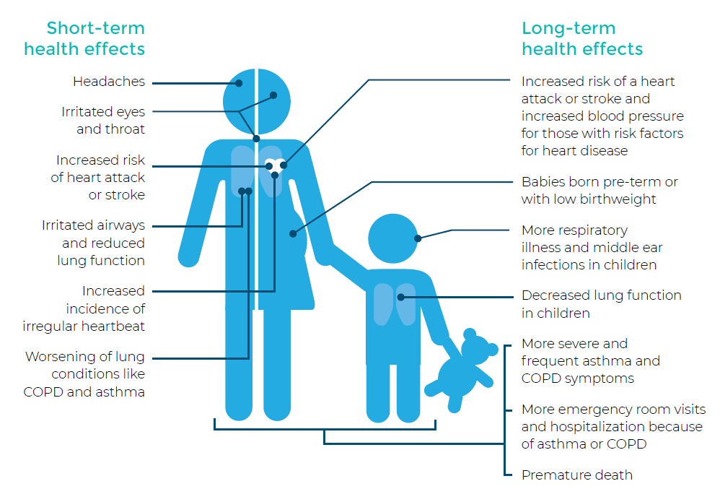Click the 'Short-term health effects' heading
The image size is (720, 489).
tap(84, 38)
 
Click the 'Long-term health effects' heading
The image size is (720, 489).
tap(582, 38)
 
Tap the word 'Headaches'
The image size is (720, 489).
tap(109, 82)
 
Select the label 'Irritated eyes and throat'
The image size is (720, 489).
tap(103, 121)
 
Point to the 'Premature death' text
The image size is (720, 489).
tap(577, 475)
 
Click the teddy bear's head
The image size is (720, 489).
tap(475, 348)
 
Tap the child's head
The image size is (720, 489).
tap(393, 238)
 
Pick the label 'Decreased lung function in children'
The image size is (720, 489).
tap(602, 304)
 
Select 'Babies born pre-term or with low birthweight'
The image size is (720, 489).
tap(600, 190)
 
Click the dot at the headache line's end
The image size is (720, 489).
tap(239, 83)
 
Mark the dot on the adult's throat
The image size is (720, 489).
tap(256, 139)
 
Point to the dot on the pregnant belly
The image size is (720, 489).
tap(293, 233)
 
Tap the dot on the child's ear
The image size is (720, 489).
tap(418, 238)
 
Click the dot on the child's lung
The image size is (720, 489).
tap(401, 298)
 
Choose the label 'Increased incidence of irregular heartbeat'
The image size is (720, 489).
tap(84, 308)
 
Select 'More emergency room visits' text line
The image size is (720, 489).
tap(613, 410)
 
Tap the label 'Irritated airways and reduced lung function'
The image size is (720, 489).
tap(93, 243)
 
